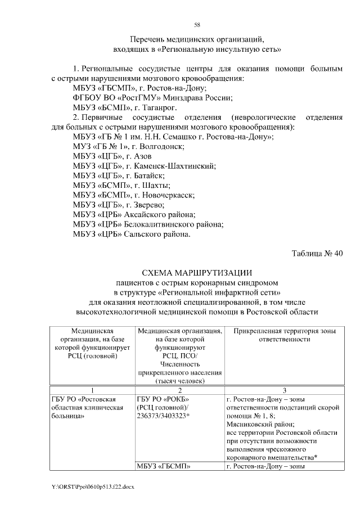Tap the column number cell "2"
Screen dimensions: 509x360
(x=179, y=390)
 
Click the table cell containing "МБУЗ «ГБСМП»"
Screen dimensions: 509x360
(x=163, y=466)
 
